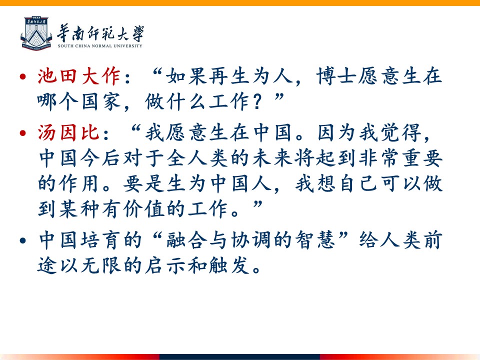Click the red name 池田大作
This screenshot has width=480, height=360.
tap(79, 76)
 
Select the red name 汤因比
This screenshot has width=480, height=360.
tap(68, 132)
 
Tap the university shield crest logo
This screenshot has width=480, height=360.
tap(36, 33)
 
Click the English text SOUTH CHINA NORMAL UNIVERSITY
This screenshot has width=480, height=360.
tap(100, 46)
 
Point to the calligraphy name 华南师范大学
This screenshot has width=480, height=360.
tap(100, 33)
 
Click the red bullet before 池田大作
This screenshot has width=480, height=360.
tap(22, 76)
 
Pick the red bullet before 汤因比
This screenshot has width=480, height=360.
tap(22, 133)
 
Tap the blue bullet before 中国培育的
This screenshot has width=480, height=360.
tap(22, 240)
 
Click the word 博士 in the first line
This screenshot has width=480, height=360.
tap(336, 76)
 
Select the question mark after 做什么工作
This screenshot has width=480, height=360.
tap(258, 102)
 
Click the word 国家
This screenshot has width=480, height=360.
tap(101, 101)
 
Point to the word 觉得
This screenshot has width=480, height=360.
tap(401, 132)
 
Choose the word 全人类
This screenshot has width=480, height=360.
tap(197, 158)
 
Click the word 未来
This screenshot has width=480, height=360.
tap(272, 158)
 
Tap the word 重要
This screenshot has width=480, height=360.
tap(422, 158)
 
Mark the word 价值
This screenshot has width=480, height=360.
tap(144, 209)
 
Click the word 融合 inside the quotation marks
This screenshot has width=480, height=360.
tap(186, 239)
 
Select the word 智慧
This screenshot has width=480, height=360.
tap(315, 239)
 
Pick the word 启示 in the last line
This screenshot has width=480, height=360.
tap(165, 265)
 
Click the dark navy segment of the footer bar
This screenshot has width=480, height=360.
tap(239, 357)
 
